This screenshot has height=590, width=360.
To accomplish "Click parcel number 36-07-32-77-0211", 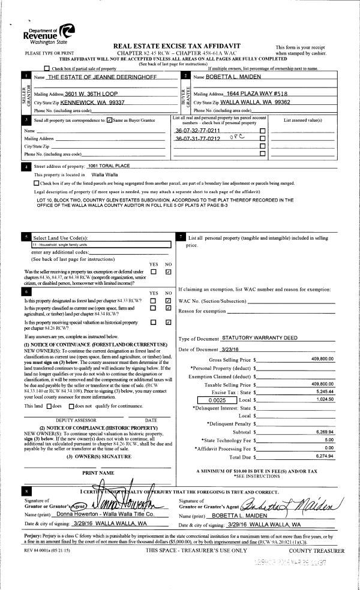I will (197, 131).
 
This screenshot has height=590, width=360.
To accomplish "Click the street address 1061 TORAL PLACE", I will (109, 166).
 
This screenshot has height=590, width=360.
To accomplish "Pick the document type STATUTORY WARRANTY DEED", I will (259, 339).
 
